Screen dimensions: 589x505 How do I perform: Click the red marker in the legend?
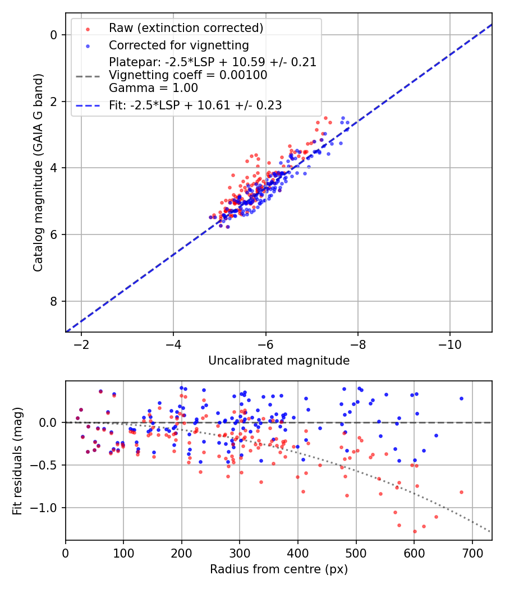(88, 28)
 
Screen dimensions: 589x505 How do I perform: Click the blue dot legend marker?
(88, 45)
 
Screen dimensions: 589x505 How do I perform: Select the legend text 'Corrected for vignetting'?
(179, 45)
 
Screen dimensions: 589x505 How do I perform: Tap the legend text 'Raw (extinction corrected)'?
(186, 28)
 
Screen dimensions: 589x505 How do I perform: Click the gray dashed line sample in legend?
(88, 75)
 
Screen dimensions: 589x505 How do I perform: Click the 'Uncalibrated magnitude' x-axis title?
(279, 361)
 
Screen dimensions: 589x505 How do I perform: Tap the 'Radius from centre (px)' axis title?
(279, 569)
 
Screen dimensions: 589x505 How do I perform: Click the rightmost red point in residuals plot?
(461, 492)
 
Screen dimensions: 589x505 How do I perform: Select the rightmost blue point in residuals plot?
(461, 398)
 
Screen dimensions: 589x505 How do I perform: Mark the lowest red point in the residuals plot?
(415, 531)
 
